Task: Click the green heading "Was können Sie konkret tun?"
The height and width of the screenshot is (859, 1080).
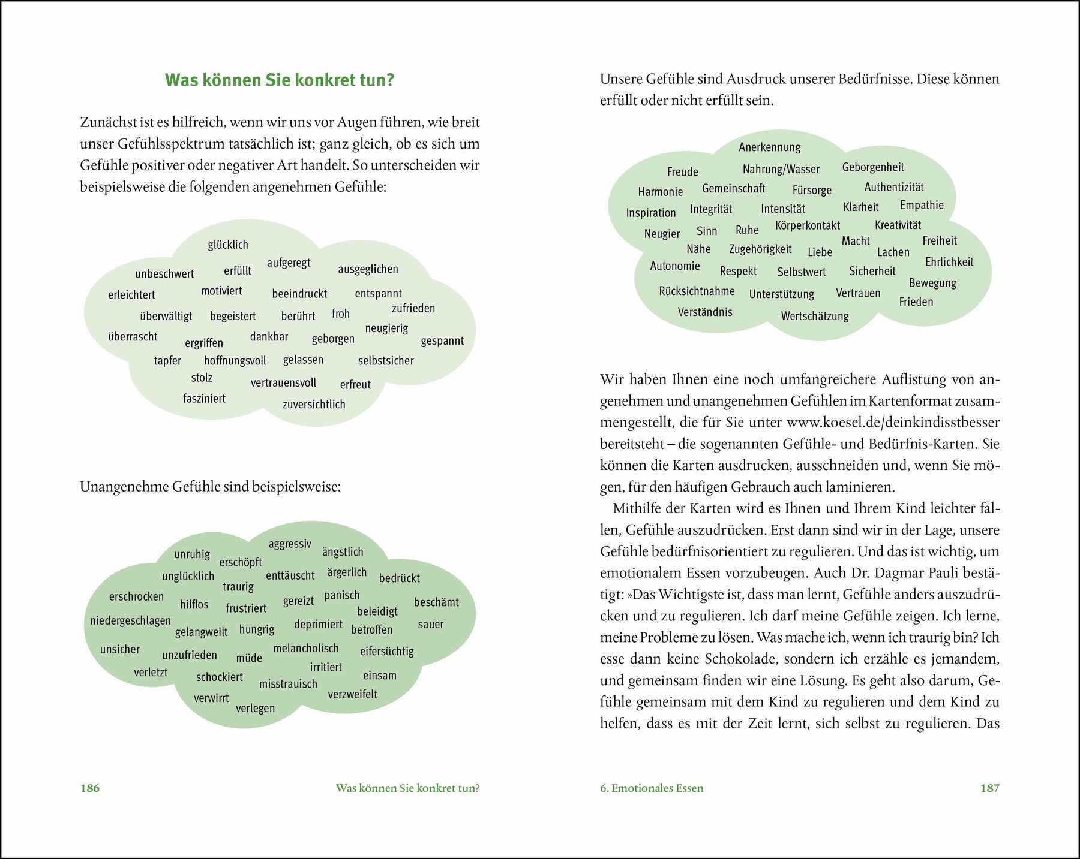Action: [x=280, y=80]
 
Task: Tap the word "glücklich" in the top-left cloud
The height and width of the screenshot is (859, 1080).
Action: [x=228, y=245]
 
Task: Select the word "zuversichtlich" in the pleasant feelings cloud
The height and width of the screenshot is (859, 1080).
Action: [x=314, y=405]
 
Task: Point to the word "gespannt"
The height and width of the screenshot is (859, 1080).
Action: [x=442, y=341]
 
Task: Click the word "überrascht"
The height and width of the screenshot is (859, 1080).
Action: [x=133, y=337]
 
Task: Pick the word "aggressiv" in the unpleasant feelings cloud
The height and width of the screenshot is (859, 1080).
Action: [x=290, y=544]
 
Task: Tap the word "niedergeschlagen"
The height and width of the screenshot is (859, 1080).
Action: [x=130, y=620]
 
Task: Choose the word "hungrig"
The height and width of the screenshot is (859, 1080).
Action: [x=257, y=629]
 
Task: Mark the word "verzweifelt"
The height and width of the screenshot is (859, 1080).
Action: [x=353, y=694]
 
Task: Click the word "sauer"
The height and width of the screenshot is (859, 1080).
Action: [x=431, y=625]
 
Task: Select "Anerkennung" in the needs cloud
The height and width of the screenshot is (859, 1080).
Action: [x=769, y=147]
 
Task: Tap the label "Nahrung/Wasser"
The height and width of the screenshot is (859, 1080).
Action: [x=781, y=170]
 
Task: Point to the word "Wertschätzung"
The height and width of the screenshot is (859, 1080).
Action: [x=815, y=317]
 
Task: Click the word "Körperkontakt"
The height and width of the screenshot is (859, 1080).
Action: [x=808, y=225]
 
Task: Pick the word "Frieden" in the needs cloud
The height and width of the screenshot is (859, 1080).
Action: [x=916, y=302]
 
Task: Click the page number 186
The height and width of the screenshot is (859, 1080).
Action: [x=90, y=788]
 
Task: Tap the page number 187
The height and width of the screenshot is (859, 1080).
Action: [x=989, y=788]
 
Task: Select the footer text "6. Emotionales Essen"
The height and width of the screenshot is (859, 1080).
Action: [x=652, y=788]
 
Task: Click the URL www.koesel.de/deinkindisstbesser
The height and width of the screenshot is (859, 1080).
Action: [x=893, y=423]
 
